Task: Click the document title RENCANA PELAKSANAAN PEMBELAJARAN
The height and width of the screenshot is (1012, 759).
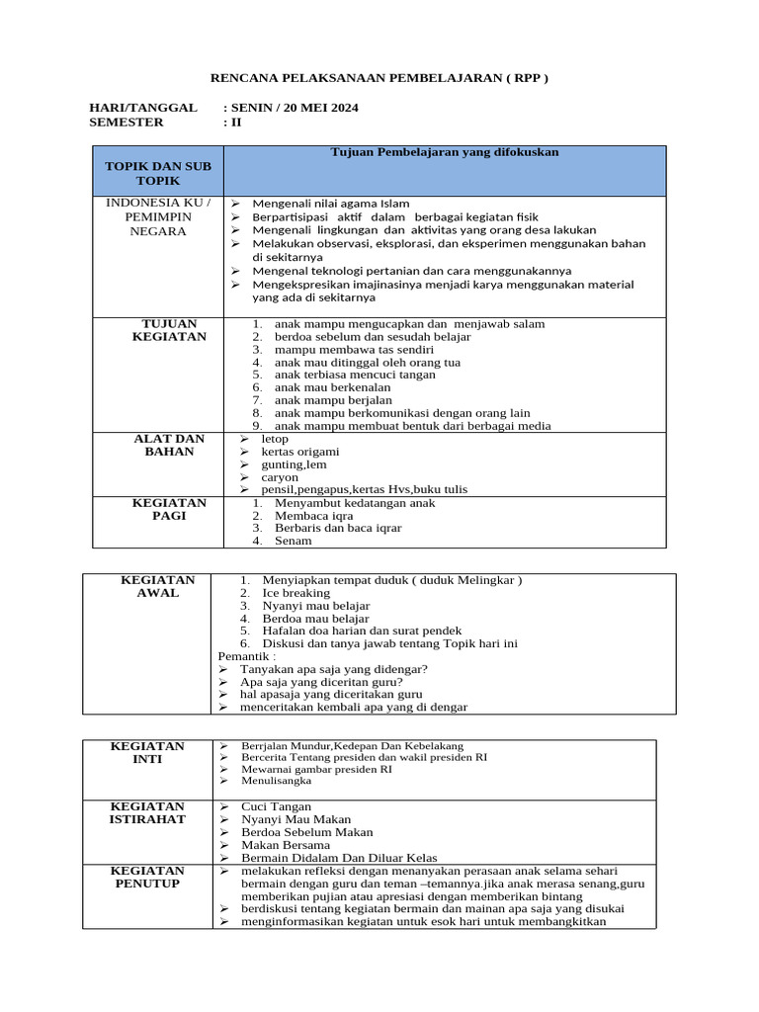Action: point(379,78)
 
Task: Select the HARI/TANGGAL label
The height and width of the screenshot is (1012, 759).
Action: point(143,108)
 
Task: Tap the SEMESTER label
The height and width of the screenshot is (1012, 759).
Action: point(126,123)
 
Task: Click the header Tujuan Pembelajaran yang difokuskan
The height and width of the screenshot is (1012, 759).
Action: point(444,152)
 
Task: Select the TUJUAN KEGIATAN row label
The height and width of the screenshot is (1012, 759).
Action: point(169,330)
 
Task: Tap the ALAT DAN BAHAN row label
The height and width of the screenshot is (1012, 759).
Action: point(169,445)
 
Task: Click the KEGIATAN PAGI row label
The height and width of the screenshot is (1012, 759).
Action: point(169,509)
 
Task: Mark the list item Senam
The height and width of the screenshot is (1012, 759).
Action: point(294,541)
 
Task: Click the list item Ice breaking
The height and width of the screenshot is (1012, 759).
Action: point(295,593)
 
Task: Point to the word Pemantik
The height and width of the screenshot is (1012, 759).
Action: point(246,655)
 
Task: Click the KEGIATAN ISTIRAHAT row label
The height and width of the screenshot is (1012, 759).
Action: point(147,813)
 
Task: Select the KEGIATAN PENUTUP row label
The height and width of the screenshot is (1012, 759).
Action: point(147,877)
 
